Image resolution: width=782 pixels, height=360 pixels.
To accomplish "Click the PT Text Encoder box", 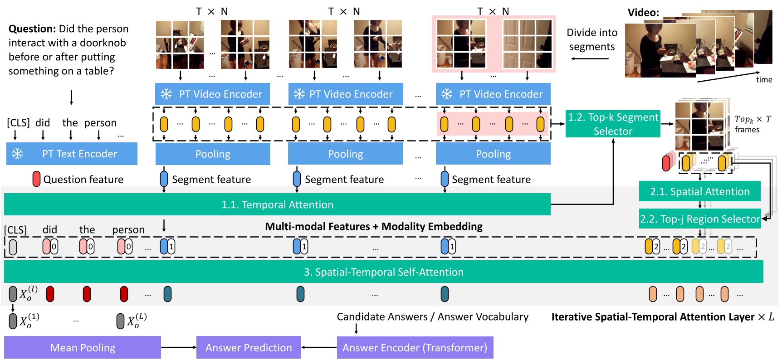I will pos(72,154).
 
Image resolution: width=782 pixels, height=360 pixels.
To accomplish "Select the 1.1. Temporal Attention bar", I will pos(277,204).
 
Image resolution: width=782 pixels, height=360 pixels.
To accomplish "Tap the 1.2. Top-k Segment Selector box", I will pos(613,124).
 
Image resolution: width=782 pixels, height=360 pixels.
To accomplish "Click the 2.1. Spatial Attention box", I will pos(699,191).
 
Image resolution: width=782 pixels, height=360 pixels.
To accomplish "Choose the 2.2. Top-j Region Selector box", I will pos(699,219).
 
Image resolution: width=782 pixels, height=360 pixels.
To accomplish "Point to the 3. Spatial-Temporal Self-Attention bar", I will pos(383,272).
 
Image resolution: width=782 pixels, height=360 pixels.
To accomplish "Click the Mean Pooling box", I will pos(83,347).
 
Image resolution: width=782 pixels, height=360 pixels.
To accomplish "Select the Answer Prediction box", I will pos(249,347).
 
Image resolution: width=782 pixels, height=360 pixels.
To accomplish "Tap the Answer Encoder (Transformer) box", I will pos(415,347).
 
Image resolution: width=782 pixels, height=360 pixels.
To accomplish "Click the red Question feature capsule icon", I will pos(36,179).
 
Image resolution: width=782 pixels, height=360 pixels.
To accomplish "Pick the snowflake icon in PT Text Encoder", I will pos(17,154).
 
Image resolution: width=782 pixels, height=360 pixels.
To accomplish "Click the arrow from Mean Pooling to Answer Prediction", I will pos(178,347).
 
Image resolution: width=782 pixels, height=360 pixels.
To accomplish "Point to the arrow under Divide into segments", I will pos(590,58).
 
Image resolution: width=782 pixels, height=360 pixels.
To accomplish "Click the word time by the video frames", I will pos(764,80).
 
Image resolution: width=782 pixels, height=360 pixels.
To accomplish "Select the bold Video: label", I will pos(643,13).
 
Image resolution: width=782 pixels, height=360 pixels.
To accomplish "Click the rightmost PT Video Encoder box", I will pos(493,94).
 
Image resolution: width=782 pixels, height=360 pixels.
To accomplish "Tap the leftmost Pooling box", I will pos(213,154).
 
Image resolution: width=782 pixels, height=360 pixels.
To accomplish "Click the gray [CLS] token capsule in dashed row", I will pos(13,247).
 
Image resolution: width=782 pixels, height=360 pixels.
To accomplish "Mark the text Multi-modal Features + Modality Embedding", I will pos(373,226).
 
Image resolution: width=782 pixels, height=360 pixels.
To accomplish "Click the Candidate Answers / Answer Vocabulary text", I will pos(432,316).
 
